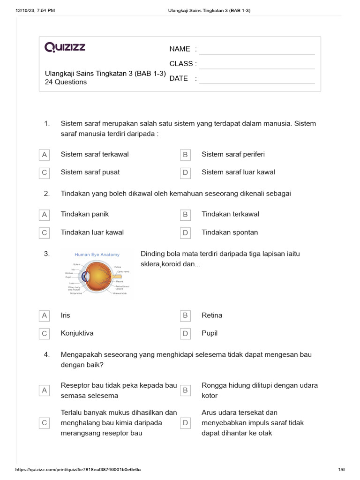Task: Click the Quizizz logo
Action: [x=65, y=47]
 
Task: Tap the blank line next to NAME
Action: [x=256, y=50]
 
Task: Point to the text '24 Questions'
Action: [x=66, y=82]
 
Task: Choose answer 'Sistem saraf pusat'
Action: [x=90, y=172]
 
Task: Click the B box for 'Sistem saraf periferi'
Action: [x=185, y=155]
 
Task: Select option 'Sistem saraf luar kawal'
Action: [x=238, y=172]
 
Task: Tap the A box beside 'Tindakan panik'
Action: [x=45, y=215]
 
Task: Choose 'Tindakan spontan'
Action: [x=230, y=232]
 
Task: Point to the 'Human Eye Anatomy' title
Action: [x=97, y=255]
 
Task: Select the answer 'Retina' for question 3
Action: [x=212, y=315]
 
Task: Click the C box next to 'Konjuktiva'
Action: [x=45, y=334]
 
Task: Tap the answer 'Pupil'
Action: [x=210, y=333]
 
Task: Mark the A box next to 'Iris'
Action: [x=45, y=316]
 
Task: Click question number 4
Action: [x=46, y=355]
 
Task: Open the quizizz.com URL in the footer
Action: [x=78, y=469]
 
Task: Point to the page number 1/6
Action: [x=341, y=469]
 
